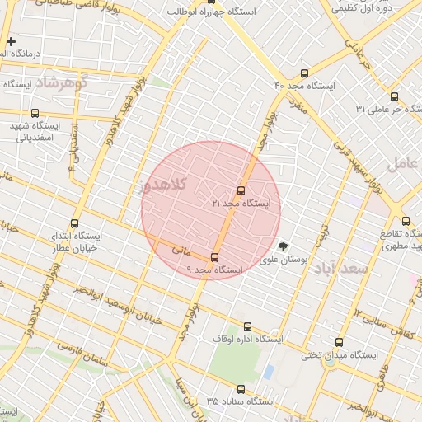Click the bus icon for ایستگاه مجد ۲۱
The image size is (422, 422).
241,190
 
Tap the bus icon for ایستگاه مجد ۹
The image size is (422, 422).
215,257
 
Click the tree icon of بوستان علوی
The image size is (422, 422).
284,246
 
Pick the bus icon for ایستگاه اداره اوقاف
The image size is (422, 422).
248,326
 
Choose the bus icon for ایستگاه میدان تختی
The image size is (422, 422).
339,342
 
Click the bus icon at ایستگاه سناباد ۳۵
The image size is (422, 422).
241,389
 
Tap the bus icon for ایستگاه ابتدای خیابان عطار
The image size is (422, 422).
76,223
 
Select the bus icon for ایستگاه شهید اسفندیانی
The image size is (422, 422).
35,113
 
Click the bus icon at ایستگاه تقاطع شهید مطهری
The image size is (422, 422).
406,221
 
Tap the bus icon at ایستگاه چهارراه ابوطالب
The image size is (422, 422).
211,2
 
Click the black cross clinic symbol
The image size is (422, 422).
11,41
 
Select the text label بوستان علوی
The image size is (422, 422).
284,259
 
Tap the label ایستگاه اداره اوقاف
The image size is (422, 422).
247,339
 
